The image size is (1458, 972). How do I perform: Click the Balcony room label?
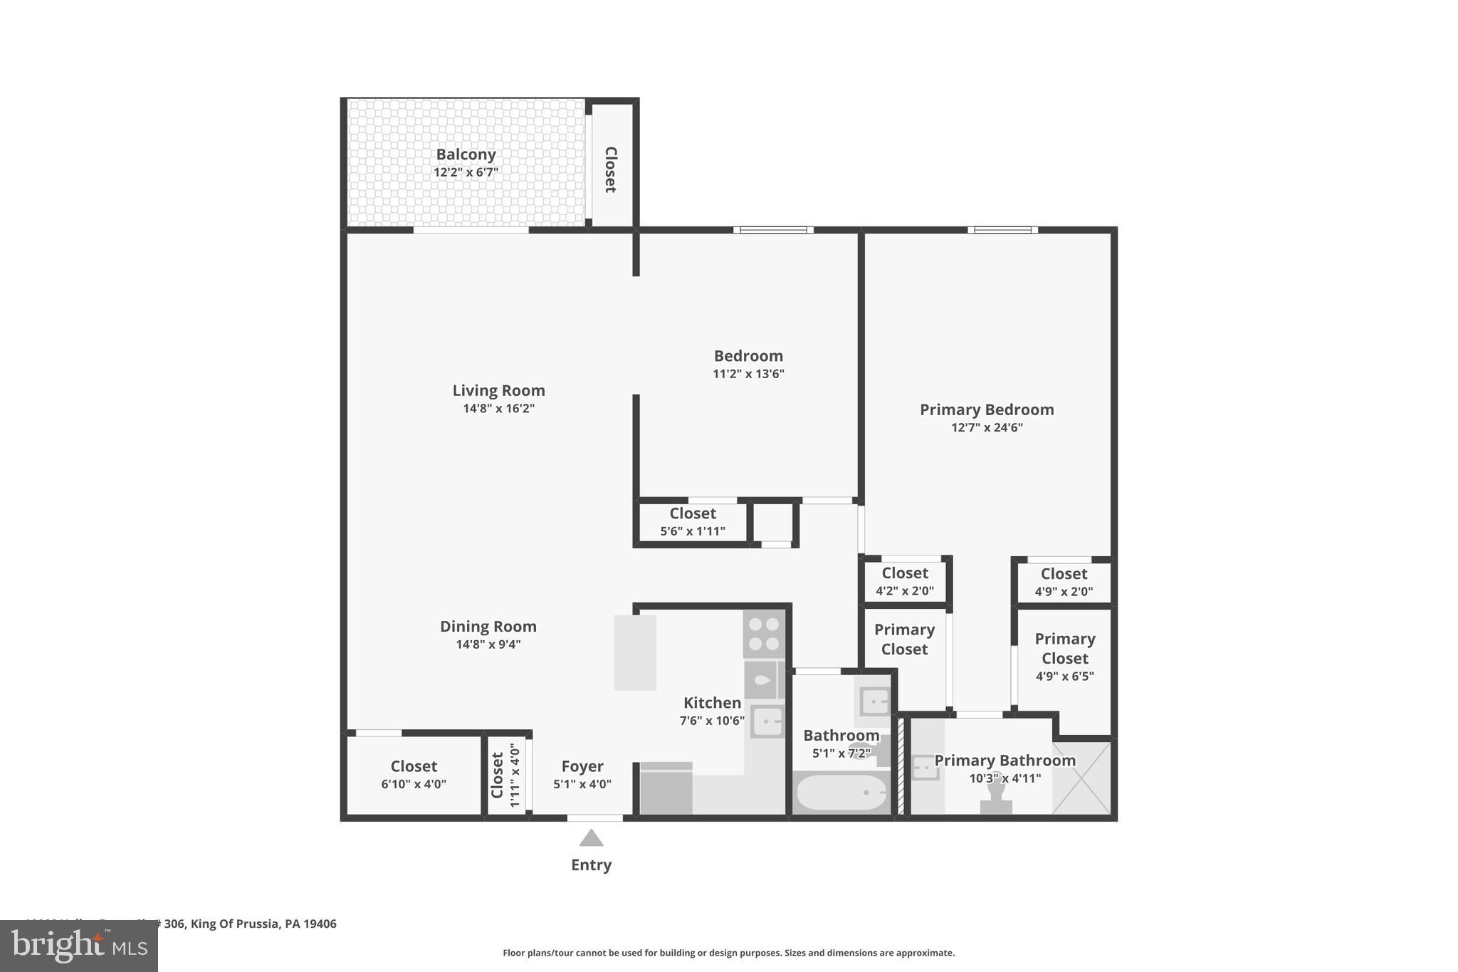466,155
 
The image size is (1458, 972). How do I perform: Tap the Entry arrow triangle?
591,838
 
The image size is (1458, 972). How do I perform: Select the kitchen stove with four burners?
764,634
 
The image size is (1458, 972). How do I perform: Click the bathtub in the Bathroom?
841,792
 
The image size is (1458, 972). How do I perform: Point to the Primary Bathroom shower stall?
1081,778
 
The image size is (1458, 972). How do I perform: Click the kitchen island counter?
635,652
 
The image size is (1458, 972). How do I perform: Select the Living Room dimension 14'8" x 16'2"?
498,409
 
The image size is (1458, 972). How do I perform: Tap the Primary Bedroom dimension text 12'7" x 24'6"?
987,428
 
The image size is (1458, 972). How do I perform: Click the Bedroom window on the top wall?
773,230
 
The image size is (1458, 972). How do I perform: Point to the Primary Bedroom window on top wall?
1002,230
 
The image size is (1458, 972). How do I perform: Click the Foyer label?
582,766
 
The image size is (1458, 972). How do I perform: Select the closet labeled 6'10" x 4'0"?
414,775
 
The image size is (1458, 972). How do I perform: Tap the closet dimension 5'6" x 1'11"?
693,531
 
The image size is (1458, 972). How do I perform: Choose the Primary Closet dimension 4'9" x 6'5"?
1064,676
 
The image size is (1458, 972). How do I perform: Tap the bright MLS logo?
79,946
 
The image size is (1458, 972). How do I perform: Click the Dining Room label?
488,627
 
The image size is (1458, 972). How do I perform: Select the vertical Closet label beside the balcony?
611,169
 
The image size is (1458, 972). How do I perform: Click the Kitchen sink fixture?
767,722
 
